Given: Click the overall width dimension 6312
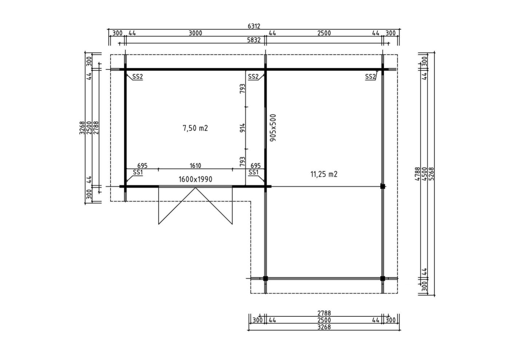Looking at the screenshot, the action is point(254,26).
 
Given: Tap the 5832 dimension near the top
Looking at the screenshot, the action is point(254,40).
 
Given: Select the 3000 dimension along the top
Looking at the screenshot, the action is point(195,33).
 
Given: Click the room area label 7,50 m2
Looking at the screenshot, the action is point(195,128).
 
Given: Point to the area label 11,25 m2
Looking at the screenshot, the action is point(324,174).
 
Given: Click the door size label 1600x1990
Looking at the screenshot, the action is point(195,179).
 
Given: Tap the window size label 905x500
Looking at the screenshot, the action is point(273,128).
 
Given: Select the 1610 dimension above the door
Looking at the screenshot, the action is point(195,166).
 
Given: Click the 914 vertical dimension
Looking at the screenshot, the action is point(243,128).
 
